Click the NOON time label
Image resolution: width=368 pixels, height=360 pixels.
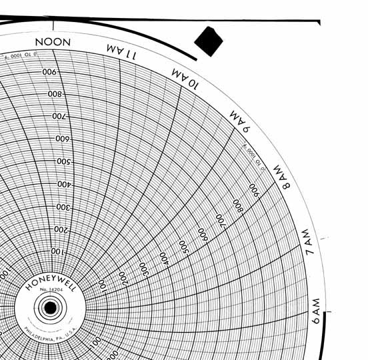[x=53, y=42]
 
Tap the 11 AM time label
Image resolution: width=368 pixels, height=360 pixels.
[x=121, y=51]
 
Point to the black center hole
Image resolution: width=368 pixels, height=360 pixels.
[x=49, y=309]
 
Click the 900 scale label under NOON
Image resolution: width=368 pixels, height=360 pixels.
[x=49, y=72]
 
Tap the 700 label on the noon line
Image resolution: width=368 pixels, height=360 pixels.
[x=60, y=117]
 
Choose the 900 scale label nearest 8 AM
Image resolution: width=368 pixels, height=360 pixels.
[x=253, y=187]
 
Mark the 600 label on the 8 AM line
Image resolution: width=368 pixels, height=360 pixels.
[x=202, y=233]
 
